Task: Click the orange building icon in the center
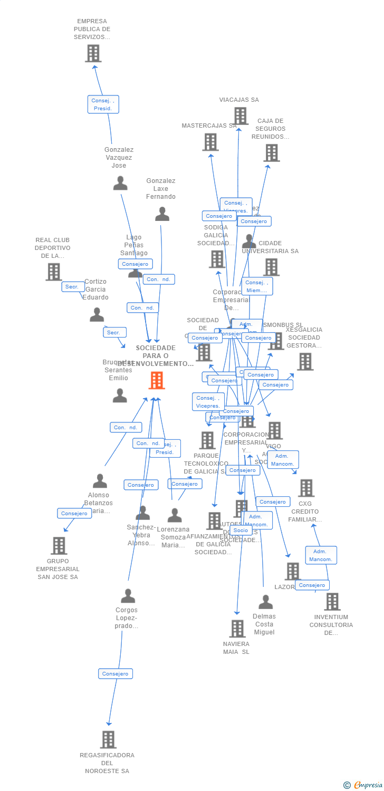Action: [157, 380]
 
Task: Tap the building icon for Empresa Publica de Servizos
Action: [93, 53]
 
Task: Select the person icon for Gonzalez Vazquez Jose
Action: [120, 183]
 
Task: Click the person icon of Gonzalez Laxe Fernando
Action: [162, 214]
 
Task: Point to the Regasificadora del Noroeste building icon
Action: [108, 739]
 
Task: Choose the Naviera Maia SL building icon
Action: [237, 629]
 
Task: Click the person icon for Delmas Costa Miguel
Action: [265, 602]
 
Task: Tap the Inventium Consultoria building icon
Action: [332, 601]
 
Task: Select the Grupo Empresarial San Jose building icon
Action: [59, 545]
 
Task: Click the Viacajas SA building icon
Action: [241, 116]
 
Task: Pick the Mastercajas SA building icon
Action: [210, 142]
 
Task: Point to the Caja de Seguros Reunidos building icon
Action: [271, 153]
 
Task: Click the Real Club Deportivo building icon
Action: [53, 272]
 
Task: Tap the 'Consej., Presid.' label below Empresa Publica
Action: [103, 104]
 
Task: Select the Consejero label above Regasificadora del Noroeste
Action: [115, 673]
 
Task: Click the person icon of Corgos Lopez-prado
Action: [128, 596]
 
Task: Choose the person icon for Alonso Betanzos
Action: [100, 481]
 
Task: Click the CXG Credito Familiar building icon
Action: [306, 488]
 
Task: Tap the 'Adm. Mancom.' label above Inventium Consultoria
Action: [321, 555]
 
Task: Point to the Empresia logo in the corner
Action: [363, 785]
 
